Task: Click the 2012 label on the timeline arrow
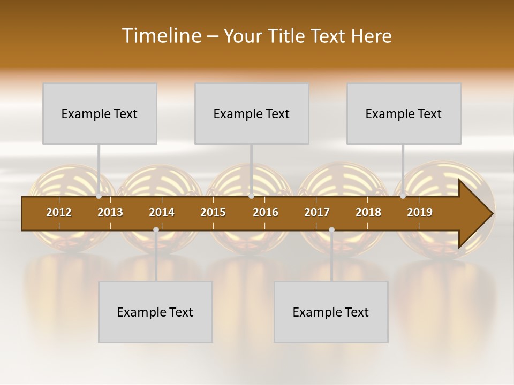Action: coord(59,212)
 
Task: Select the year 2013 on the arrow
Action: coord(110,212)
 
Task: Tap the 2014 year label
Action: coord(162,212)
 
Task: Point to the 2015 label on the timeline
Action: coord(213,212)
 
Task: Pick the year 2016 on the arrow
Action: coord(266,212)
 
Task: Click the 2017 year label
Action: coord(317,212)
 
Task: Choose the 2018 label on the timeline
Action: coord(368,212)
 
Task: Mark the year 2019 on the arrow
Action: coord(420,212)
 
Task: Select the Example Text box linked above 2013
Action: coord(100,113)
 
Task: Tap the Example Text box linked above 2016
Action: coord(252,113)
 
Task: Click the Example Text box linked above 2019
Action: coord(404,113)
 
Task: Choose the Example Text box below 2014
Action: coord(155,312)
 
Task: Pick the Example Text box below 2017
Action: coord(331,312)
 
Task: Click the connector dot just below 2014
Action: coord(156,230)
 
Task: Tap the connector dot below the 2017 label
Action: coord(331,230)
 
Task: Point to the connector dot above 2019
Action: coord(403,196)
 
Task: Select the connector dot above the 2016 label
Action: coord(251,196)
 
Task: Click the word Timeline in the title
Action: coord(161,36)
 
